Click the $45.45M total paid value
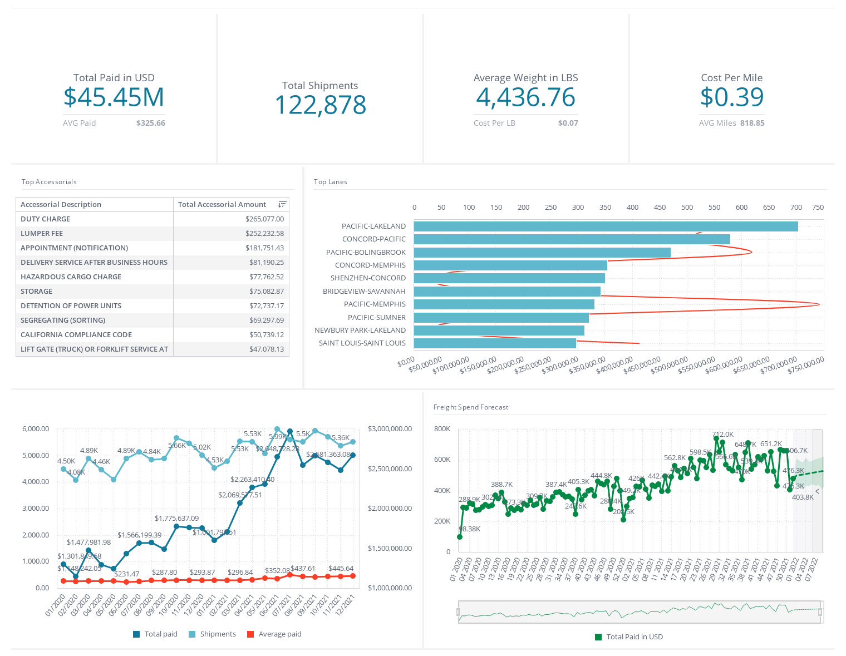(x=114, y=97)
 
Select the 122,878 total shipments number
(x=321, y=105)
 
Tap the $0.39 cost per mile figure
(x=731, y=97)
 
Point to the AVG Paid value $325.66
(x=150, y=123)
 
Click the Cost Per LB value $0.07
(x=568, y=123)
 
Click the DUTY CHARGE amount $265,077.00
(x=264, y=219)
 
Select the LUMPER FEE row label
(x=42, y=234)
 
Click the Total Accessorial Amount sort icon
(x=282, y=205)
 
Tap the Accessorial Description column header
(x=61, y=205)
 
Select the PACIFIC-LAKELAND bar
(x=606, y=226)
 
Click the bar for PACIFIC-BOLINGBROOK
(x=542, y=253)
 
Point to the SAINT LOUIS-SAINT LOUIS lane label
(x=362, y=343)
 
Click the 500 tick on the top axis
(x=687, y=208)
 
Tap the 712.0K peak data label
(x=722, y=435)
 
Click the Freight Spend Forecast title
(x=471, y=407)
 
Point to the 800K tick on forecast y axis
(x=442, y=429)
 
